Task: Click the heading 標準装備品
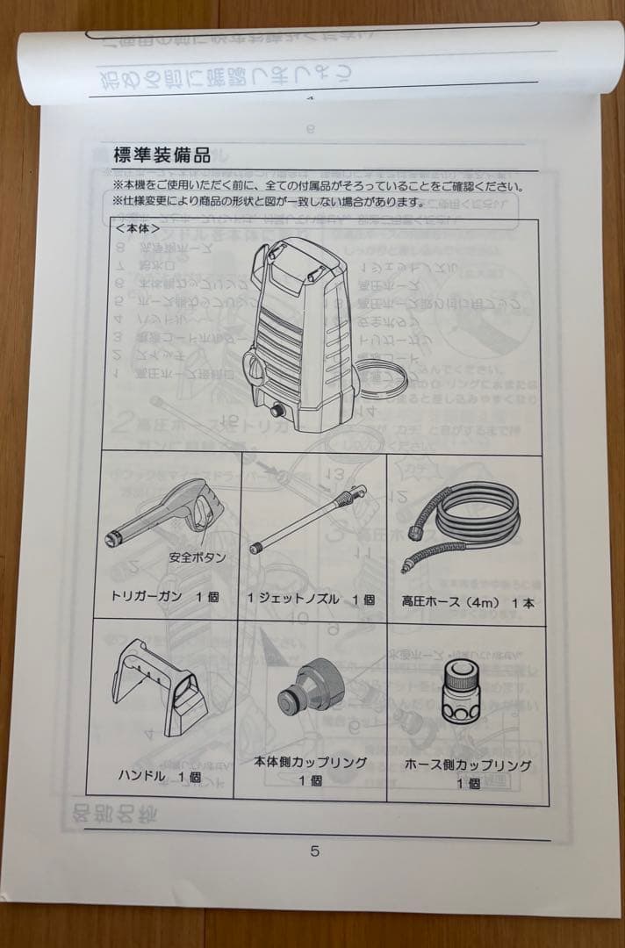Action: pyautogui.click(x=162, y=156)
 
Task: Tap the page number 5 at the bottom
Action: pyautogui.click(x=314, y=850)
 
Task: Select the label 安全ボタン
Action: pyautogui.click(x=197, y=557)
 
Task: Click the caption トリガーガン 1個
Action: pyautogui.click(x=164, y=598)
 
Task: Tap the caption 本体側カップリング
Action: pyautogui.click(x=310, y=762)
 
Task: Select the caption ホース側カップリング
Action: pyautogui.click(x=468, y=765)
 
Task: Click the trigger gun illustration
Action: pyautogui.click(x=167, y=513)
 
